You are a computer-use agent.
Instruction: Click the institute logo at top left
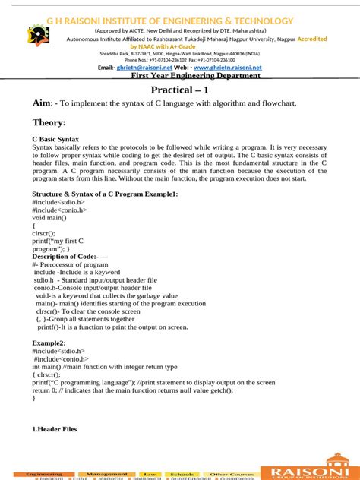click(39, 36)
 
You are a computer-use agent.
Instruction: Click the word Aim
click(42, 103)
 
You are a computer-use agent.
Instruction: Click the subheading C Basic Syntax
click(55, 141)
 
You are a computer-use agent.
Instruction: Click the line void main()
click(50, 217)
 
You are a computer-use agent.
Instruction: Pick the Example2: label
click(49, 343)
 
